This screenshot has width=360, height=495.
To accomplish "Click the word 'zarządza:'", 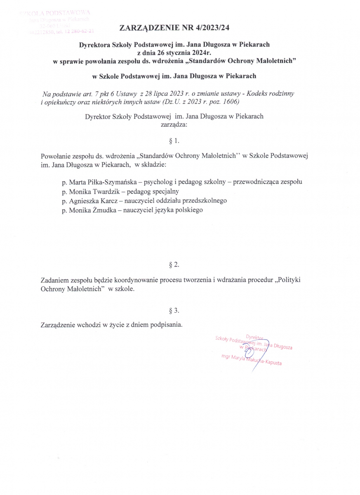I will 174,123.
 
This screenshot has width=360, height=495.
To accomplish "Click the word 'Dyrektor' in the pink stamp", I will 254,337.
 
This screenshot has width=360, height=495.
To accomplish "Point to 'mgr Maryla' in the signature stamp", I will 233,358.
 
